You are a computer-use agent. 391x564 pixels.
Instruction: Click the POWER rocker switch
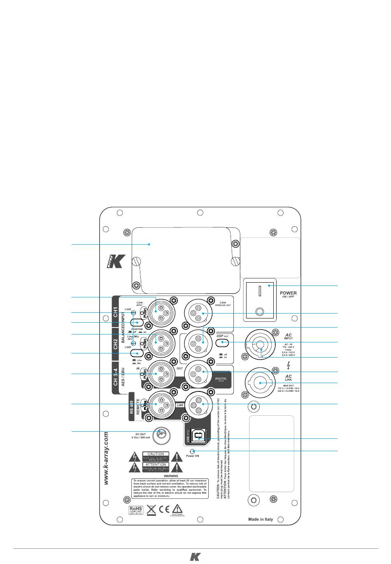tap(260, 300)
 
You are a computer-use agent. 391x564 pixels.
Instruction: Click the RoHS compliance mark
tap(136, 510)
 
